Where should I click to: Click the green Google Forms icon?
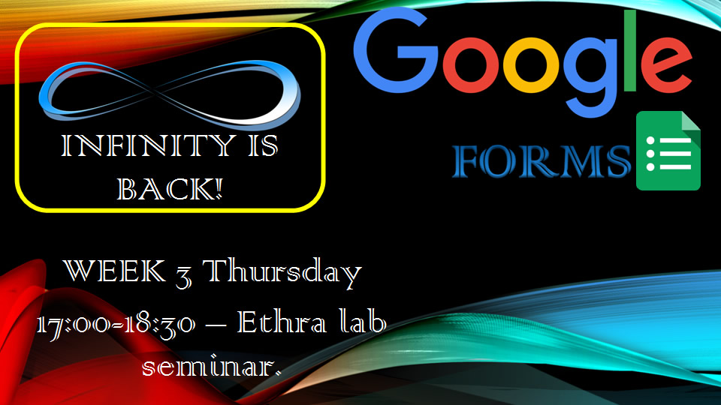tap(668, 151)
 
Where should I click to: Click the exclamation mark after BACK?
tap(219, 187)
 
